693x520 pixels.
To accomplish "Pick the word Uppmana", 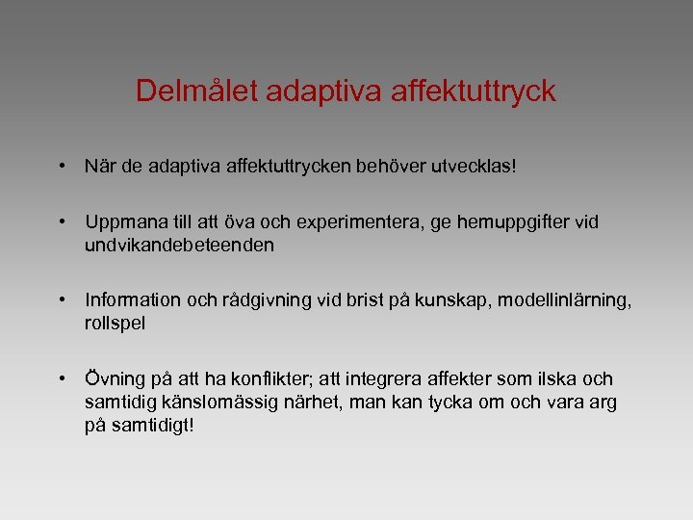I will coord(120,223).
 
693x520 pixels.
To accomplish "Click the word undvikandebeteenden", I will coord(179,245).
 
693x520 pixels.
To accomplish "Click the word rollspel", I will coord(115,323).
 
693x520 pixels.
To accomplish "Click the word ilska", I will coord(552,379).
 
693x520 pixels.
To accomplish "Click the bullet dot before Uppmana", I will coord(62,222).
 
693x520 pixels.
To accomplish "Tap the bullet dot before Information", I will coord(62,300).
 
